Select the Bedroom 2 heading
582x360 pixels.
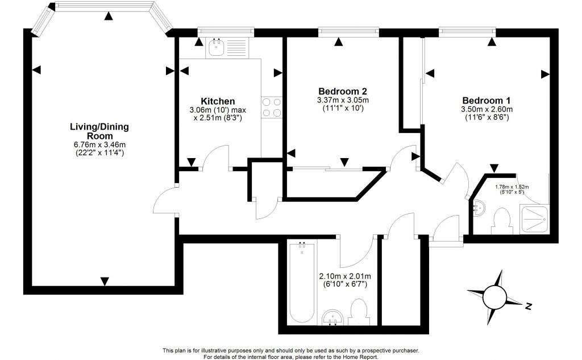(x=342, y=91)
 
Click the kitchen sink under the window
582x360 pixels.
(x=216, y=47)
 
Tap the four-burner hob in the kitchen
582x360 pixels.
(x=272, y=106)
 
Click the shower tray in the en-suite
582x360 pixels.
(x=534, y=218)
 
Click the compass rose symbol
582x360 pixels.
(x=494, y=296)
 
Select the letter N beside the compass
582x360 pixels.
(x=528, y=307)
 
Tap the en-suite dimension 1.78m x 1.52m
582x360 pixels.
(x=512, y=187)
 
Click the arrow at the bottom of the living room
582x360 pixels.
(x=105, y=281)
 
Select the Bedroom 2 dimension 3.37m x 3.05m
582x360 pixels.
(x=342, y=100)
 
